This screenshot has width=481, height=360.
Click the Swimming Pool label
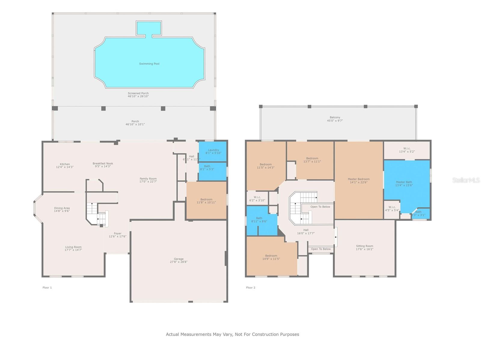pyautogui.click(x=149, y=64)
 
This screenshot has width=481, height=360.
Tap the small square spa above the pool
pyautogui.click(x=149, y=28)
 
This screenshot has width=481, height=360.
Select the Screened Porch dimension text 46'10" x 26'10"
pyautogui.click(x=138, y=96)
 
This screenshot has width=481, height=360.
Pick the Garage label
pyautogui.click(x=179, y=259)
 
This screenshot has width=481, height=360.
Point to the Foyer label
pyautogui.click(x=118, y=233)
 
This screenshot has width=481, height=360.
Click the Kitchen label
pyautogui.click(x=65, y=164)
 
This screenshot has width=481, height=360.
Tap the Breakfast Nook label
pyautogui.click(x=103, y=163)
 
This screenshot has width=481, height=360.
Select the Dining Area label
pyautogui.click(x=62, y=208)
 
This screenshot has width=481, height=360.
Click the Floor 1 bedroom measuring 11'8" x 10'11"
pyautogui.click(x=206, y=201)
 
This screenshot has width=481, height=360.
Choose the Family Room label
pyautogui.click(x=148, y=178)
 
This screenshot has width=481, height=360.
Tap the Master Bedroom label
pyautogui.click(x=359, y=179)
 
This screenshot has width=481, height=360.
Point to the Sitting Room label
pyautogui.click(x=364, y=246)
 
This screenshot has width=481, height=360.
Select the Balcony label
pyautogui.click(x=335, y=117)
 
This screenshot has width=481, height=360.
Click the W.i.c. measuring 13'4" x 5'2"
pyautogui.click(x=407, y=150)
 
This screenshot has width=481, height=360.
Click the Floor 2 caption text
pyautogui.click(x=250, y=288)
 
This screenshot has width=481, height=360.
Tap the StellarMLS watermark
pyautogui.click(x=466, y=180)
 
